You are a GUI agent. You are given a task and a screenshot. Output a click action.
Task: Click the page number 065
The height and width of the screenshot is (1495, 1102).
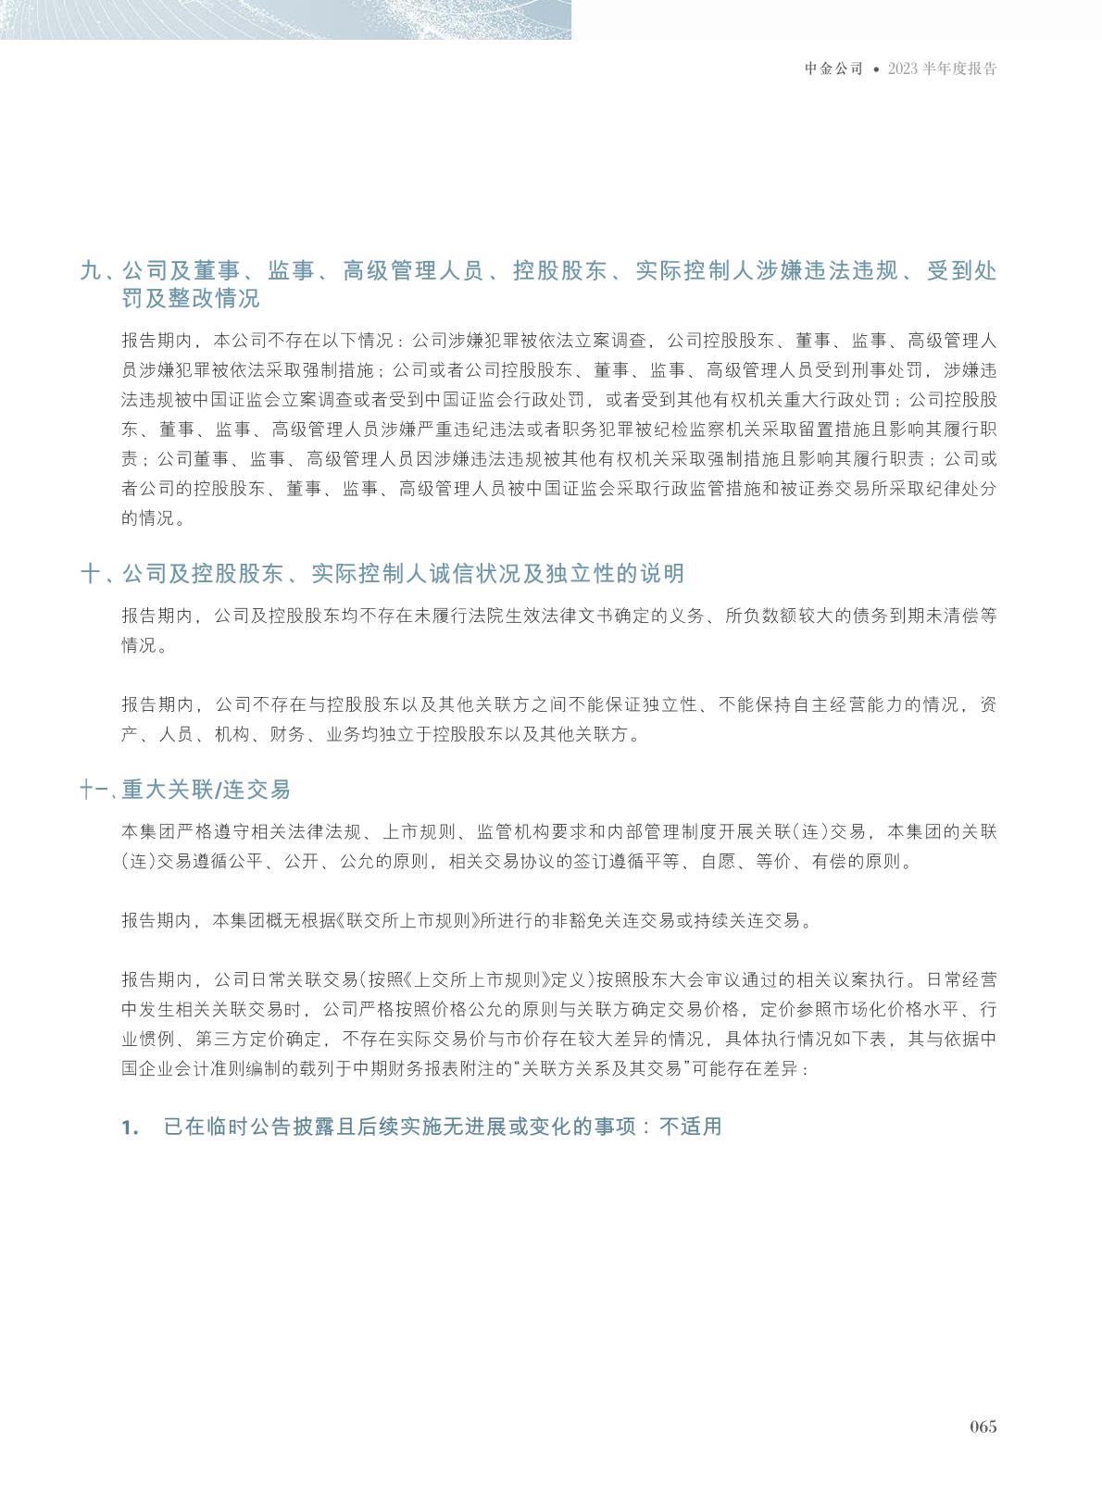point(983,1426)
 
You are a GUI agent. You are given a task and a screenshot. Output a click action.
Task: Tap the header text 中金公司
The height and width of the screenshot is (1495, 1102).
point(833,69)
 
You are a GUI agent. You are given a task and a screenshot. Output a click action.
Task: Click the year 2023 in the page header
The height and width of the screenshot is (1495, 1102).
point(903,69)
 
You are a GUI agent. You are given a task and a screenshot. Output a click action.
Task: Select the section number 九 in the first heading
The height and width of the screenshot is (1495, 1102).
point(90,271)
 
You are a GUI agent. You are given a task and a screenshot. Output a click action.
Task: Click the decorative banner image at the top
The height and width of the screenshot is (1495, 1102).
point(285,19)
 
